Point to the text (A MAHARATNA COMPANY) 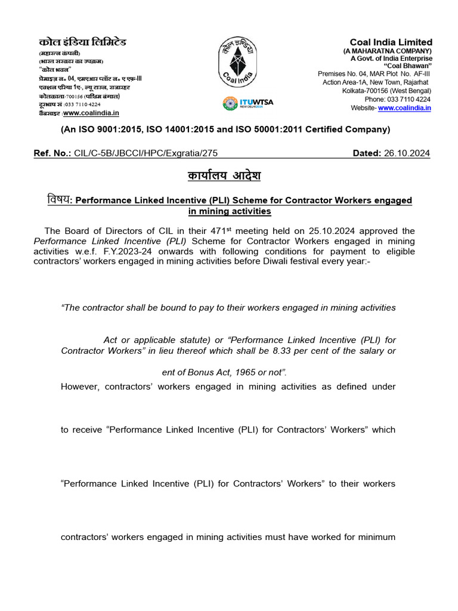click(x=388, y=51)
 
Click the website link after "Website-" click(x=404, y=108)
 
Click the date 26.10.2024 click(x=408, y=153)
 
